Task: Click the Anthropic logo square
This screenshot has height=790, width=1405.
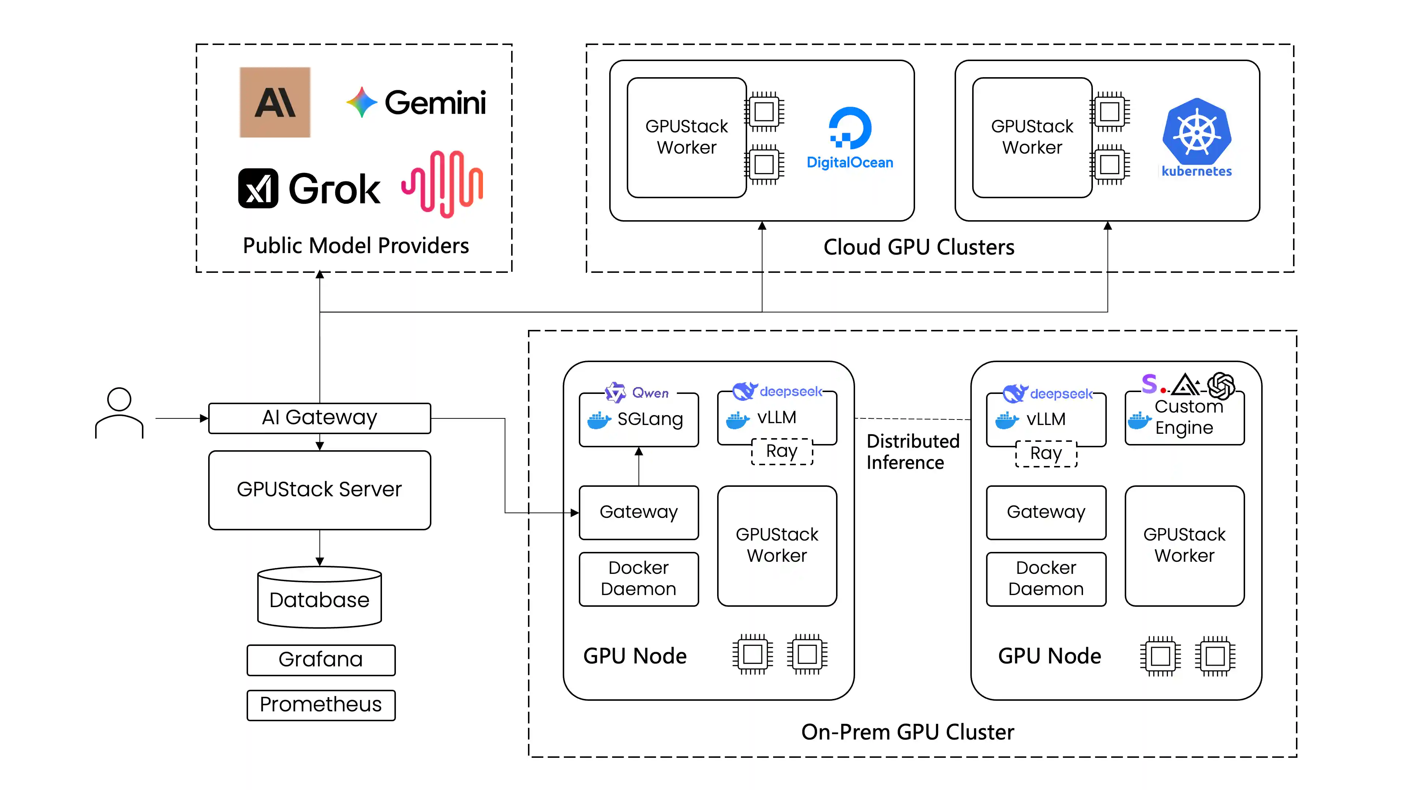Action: click(x=275, y=102)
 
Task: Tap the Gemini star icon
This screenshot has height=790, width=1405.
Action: click(x=361, y=102)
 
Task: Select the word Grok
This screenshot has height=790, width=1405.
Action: click(x=334, y=189)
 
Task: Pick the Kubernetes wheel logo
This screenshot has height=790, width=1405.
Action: click(x=1197, y=132)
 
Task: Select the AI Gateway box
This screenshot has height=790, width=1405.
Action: click(x=320, y=418)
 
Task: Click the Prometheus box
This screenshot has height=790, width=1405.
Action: click(x=321, y=704)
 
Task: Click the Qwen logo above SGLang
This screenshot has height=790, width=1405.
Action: click(x=615, y=392)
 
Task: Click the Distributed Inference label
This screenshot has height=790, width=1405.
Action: click(x=913, y=451)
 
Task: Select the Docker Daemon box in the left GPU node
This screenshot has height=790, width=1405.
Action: click(x=639, y=579)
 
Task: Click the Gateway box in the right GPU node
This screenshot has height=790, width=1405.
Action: click(x=1046, y=512)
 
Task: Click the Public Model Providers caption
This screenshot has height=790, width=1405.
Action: click(x=356, y=246)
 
